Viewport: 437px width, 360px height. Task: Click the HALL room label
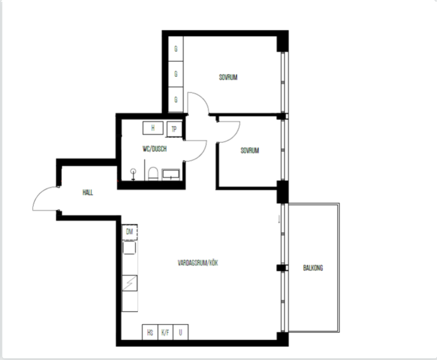tap(88, 192)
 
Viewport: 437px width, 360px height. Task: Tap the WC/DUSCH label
tap(155, 149)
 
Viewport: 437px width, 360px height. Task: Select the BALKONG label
tap(313, 268)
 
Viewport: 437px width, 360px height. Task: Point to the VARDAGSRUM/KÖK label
tap(198, 263)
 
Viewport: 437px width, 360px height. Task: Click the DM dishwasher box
tap(129, 232)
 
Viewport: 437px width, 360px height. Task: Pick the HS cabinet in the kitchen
tap(150, 332)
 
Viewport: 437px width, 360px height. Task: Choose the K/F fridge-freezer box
tap(165, 332)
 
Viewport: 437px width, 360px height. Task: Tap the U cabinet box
tap(180, 332)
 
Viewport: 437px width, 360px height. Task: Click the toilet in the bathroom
tap(153, 174)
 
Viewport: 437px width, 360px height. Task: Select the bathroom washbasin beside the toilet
tap(171, 175)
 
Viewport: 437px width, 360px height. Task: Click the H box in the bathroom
tap(153, 128)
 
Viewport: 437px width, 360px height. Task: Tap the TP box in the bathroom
tap(174, 129)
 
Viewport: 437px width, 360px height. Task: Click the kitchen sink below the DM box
tap(129, 248)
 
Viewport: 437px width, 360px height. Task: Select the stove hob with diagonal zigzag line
tap(130, 283)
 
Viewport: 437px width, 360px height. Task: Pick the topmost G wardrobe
tap(176, 49)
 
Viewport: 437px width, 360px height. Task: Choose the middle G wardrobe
tap(176, 74)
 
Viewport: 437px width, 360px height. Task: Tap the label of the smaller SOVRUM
tap(250, 151)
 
